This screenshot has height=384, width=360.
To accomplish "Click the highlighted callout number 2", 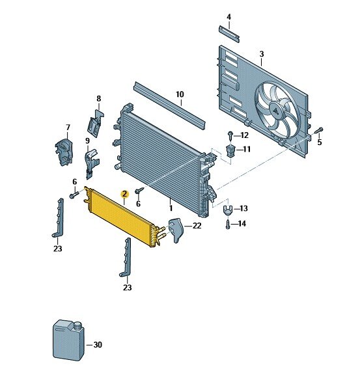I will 124,193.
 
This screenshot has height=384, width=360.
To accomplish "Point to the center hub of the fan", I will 277,111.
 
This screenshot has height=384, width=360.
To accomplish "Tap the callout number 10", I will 180,94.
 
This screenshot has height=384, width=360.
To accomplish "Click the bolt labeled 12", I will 231,135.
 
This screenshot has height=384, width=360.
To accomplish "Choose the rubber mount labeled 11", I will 230,151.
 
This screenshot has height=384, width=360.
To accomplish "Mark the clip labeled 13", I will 227,210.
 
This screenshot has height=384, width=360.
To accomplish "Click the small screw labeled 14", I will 227,225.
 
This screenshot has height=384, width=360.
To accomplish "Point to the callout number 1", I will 171,208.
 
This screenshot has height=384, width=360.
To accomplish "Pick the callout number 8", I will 99,99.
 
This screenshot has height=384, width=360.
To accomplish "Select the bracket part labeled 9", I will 92,160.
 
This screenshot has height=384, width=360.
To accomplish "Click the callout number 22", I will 197,225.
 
